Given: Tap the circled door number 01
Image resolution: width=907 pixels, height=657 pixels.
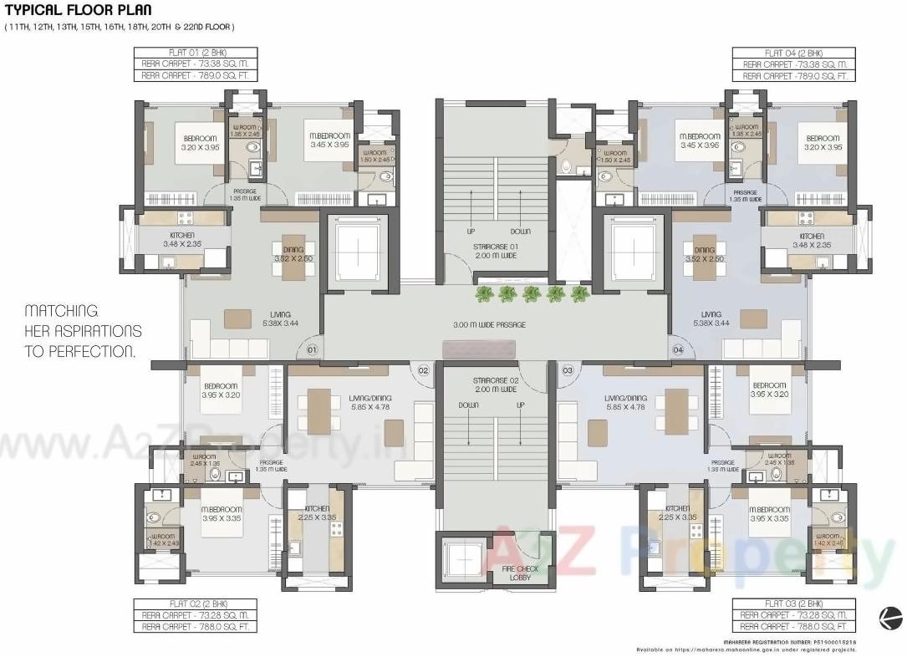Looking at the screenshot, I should (311, 349).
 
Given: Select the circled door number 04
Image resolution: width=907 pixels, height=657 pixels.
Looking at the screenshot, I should (677, 349).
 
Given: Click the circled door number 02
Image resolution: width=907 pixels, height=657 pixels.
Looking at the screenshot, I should (423, 369).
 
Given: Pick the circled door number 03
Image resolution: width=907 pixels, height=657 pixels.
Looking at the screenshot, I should (568, 369).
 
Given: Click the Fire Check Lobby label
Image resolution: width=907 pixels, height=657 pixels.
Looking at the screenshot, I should (520, 573).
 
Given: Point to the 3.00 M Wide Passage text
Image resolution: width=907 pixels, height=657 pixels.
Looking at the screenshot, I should (489, 324).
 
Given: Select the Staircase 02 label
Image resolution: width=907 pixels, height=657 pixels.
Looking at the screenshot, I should (496, 385).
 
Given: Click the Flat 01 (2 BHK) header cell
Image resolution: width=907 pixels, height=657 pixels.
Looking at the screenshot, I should (196, 53).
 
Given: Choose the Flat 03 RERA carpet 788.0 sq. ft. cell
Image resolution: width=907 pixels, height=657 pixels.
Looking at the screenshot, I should (793, 626).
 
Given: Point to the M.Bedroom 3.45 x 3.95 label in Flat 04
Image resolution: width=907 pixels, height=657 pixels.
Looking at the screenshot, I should (700, 141).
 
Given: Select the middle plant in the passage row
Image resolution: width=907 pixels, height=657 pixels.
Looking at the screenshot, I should (531, 293).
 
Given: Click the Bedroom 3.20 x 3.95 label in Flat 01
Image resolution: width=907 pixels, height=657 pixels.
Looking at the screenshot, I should (199, 143).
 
